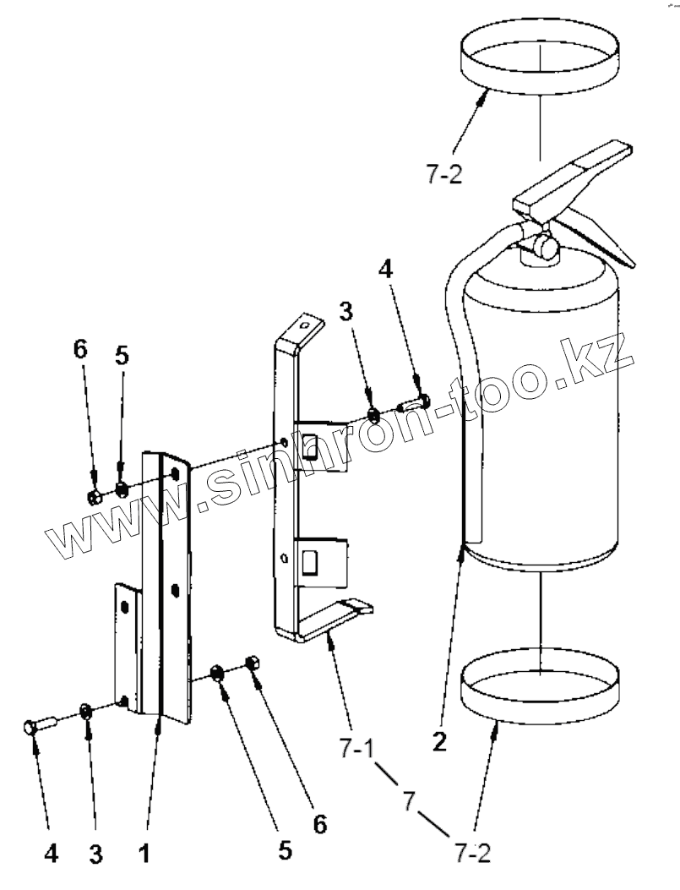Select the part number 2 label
click(439, 743)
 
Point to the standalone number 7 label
click(410, 799)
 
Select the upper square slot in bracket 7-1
click(310, 442)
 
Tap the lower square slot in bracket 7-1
click(310, 560)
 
